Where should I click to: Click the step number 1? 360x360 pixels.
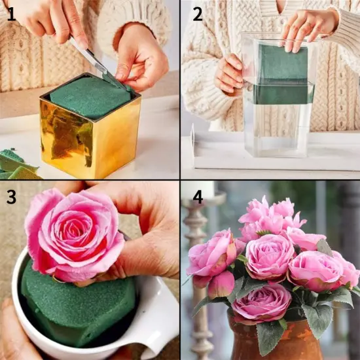(11, 14)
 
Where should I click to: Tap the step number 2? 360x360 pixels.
(197, 15)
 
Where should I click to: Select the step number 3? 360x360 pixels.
(11, 197)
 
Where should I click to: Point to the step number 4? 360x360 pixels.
(198, 197)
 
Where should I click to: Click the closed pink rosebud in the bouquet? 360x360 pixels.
(221, 285)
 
